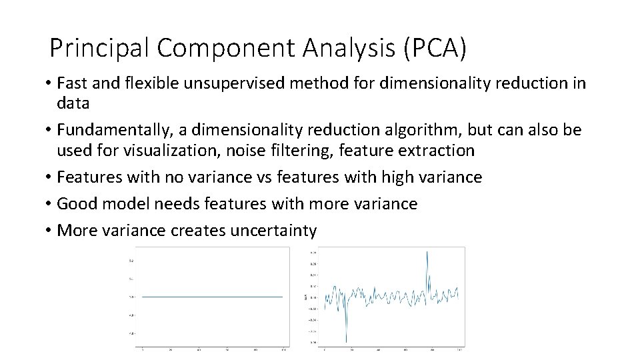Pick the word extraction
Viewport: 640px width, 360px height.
click(x=436, y=150)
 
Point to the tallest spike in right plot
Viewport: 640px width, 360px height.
click(x=427, y=252)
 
